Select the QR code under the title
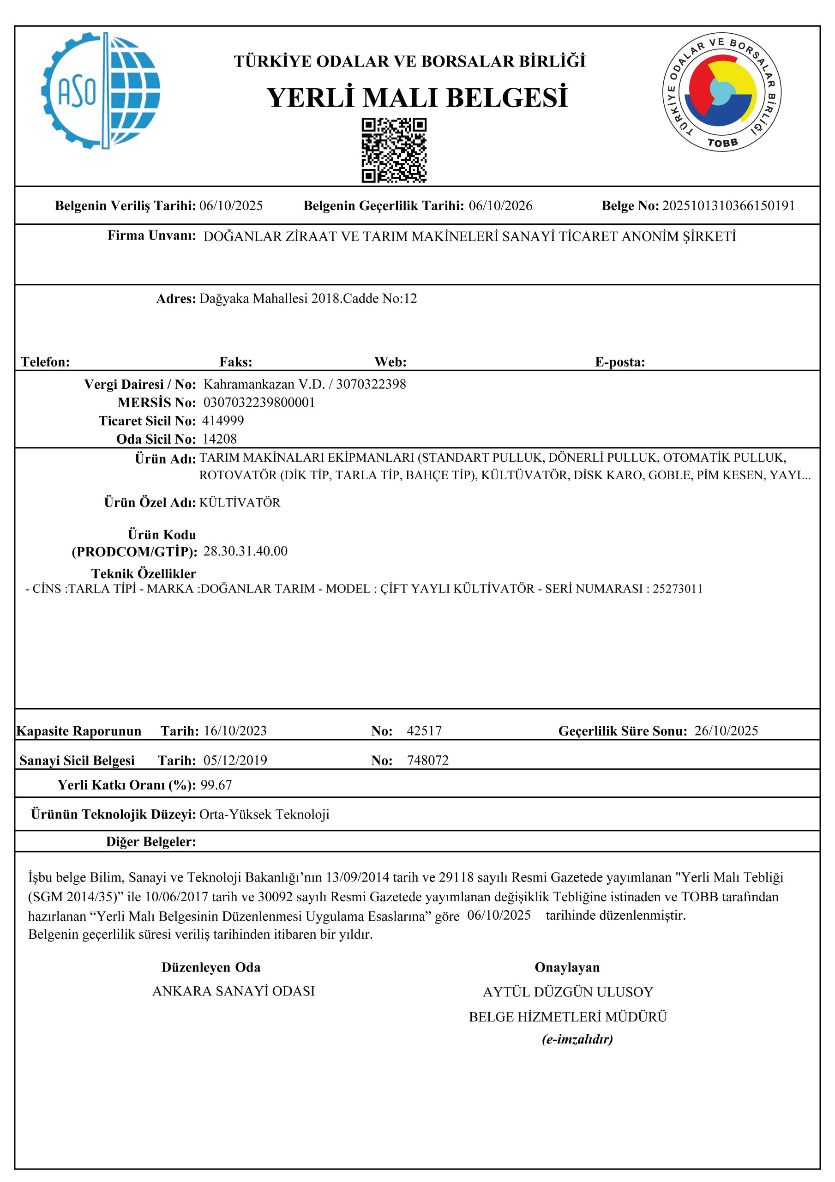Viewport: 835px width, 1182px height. (x=394, y=151)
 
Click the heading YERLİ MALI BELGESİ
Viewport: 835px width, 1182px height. (x=417, y=97)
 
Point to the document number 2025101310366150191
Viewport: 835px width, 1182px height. (x=728, y=206)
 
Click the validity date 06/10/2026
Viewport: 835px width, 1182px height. (x=500, y=206)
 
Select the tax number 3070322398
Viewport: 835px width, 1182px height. (x=371, y=384)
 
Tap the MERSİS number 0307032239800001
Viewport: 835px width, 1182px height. (x=259, y=402)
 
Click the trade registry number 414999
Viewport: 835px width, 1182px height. (x=223, y=421)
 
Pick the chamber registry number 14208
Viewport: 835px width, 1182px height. (x=220, y=439)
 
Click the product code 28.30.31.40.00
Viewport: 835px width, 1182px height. (x=246, y=551)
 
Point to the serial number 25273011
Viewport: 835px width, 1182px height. (x=678, y=589)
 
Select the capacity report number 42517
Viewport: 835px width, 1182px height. (x=424, y=730)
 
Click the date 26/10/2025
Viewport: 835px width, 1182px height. (x=726, y=730)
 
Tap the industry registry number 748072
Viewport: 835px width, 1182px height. (x=428, y=760)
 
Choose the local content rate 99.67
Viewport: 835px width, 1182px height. (x=216, y=785)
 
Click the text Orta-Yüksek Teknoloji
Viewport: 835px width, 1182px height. (x=264, y=814)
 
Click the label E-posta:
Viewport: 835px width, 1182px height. (x=620, y=362)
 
